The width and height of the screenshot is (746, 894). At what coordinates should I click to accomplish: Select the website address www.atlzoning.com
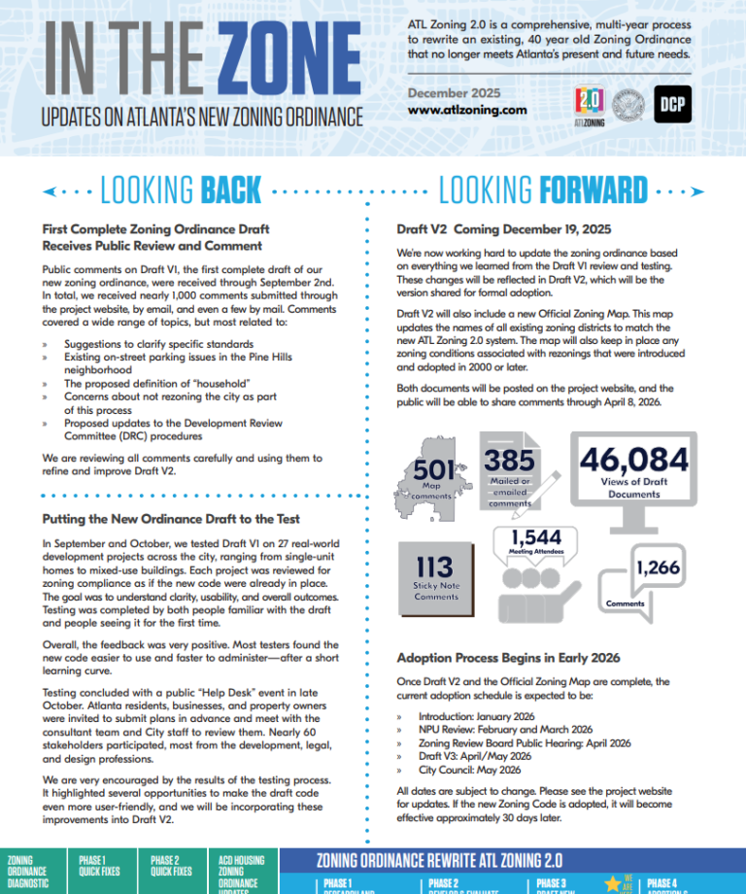coord(467,111)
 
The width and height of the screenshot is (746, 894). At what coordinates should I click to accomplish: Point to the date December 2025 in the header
coord(454,92)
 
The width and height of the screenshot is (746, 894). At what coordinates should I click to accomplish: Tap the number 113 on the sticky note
coord(435,567)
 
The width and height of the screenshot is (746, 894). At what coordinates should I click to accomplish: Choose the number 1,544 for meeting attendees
coord(536,536)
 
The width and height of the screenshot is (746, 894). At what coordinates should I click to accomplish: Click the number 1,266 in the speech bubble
coord(658,567)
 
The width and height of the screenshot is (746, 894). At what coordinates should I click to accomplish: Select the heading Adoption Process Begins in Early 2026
coord(508,657)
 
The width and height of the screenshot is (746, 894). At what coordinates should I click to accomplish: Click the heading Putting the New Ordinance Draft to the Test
coord(171,519)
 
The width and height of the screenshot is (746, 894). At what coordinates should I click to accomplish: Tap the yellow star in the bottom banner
coord(613,883)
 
